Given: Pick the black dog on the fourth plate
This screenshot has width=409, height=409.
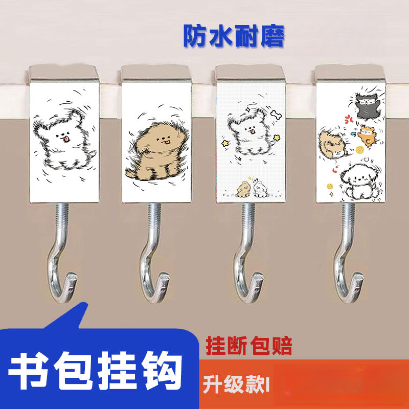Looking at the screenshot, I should coord(366,105).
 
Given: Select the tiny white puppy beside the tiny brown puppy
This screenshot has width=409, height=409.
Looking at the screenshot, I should coord(259,189).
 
